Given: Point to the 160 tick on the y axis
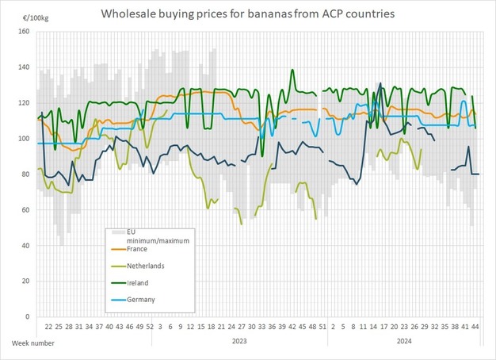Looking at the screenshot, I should click(23, 32).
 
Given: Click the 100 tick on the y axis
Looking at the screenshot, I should click(23, 139).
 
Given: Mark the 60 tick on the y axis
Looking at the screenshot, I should click(25, 210).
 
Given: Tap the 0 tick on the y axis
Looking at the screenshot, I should click(27, 317).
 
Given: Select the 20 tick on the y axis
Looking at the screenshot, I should click(25, 281).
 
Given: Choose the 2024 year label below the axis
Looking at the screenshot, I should click(403, 342).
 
